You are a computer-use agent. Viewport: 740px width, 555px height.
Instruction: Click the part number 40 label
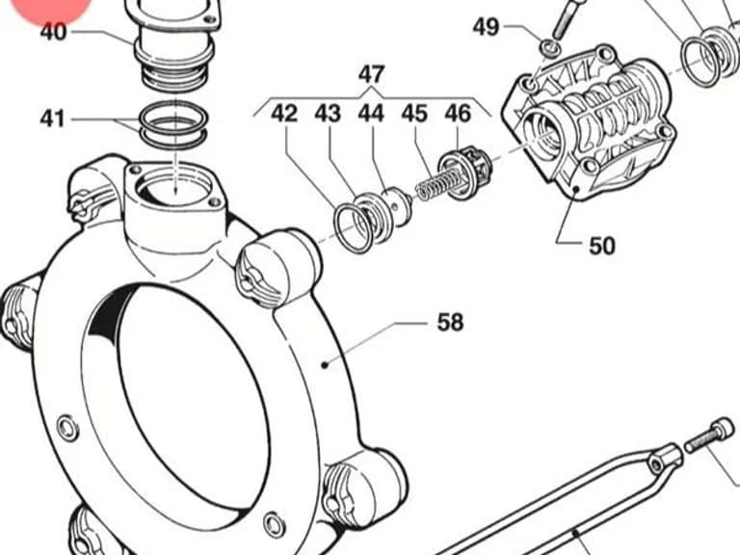(x=54, y=33)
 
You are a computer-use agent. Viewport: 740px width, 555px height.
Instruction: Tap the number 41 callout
(x=52, y=118)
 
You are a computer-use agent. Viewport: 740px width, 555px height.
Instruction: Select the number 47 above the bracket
(x=371, y=74)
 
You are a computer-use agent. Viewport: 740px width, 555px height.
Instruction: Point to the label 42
(x=284, y=114)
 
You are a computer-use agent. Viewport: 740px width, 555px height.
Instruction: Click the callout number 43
(x=328, y=114)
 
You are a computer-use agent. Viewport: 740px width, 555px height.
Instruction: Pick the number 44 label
(x=371, y=114)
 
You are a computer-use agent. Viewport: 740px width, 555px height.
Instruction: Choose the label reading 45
(x=414, y=114)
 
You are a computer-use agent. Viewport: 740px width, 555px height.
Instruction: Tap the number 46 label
(x=458, y=114)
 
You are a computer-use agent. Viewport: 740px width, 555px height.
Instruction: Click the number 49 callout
(x=486, y=27)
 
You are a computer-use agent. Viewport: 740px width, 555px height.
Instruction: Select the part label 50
(x=602, y=246)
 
